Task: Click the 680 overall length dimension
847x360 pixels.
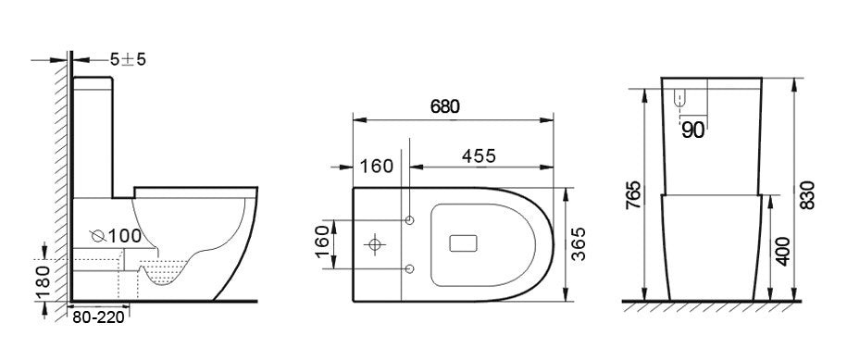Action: [x=444, y=106]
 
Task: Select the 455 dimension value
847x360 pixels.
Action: [x=479, y=155]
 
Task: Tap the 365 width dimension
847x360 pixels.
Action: [x=578, y=244]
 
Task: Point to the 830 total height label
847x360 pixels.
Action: [x=806, y=195]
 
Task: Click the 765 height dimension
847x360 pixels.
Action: [x=633, y=195]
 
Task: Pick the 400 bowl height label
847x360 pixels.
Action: [x=783, y=251]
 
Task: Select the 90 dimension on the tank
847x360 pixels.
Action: [x=693, y=130]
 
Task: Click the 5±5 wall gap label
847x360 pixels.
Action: [x=128, y=59]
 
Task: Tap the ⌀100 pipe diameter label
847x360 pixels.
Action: [x=116, y=236]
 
